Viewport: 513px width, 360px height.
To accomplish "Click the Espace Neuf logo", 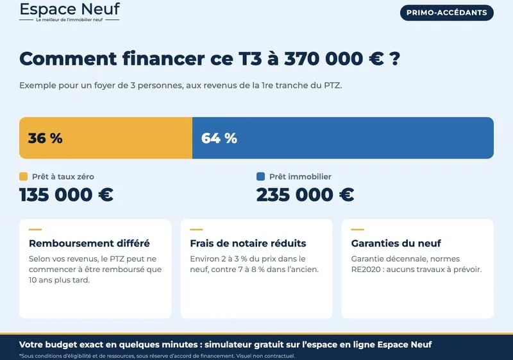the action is [x=70, y=12].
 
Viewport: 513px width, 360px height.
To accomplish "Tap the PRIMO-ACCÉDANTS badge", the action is [x=446, y=13].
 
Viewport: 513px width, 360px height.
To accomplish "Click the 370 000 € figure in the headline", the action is [x=333, y=59].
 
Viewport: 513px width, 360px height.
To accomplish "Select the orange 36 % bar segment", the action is [x=106, y=138].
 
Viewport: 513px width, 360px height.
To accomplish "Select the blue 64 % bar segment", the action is [x=343, y=138].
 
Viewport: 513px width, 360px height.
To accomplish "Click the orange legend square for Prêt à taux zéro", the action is [x=24, y=176].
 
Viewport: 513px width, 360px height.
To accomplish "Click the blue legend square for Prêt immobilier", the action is [x=260, y=176].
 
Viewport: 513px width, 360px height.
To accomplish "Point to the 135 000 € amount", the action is [x=67, y=194].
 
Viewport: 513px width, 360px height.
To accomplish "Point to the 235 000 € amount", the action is [x=305, y=194].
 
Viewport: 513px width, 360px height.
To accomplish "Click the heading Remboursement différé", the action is [x=89, y=243].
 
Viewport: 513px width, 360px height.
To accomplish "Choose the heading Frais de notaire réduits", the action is [x=248, y=243].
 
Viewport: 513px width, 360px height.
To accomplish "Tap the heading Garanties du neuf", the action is [x=396, y=243].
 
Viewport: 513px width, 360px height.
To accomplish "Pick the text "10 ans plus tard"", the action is [x=59, y=280].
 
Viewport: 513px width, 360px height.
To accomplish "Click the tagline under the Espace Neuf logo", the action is [x=69, y=20].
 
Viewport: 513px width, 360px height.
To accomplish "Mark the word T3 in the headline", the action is [x=250, y=59].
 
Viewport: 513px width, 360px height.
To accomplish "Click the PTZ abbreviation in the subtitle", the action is [x=333, y=85].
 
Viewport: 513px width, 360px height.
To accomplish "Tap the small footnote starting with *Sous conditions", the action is [x=157, y=356].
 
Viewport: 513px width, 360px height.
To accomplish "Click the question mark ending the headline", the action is [x=395, y=59].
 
